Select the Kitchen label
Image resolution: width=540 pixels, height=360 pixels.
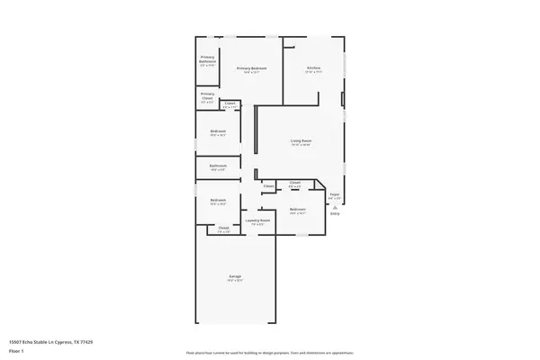pyautogui.click(x=314, y=67)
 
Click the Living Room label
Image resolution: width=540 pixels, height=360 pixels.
pyautogui.click(x=301, y=140)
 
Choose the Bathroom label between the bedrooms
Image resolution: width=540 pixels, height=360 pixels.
pyautogui.click(x=218, y=166)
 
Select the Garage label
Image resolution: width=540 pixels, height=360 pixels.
pyautogui.click(x=235, y=275)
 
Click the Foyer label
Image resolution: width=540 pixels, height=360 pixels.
pyautogui.click(x=334, y=193)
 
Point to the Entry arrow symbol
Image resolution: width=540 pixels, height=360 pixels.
pyautogui.click(x=334, y=206)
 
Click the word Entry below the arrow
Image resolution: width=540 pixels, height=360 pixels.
pyautogui.click(x=335, y=213)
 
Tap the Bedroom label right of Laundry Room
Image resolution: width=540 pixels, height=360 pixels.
pyautogui.click(x=298, y=209)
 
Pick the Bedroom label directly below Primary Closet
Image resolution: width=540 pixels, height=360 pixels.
pyautogui.click(x=218, y=131)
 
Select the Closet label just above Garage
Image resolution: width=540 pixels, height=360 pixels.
pyautogui.click(x=223, y=229)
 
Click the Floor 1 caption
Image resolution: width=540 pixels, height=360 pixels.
pyautogui.click(x=17, y=351)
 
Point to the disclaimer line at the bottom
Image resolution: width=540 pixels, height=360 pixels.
pyautogui.click(x=269, y=353)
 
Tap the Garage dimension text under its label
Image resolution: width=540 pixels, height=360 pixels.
pyautogui.click(x=235, y=281)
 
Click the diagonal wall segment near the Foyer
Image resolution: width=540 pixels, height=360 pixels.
pyautogui.click(x=321, y=185)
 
